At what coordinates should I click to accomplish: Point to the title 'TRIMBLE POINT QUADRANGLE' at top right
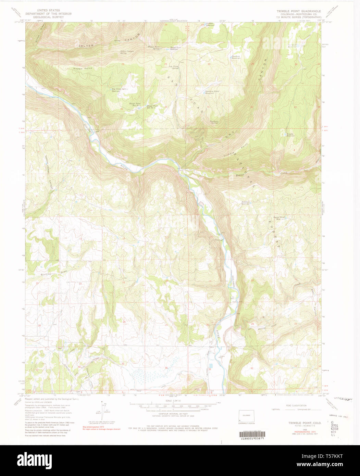click(299, 11)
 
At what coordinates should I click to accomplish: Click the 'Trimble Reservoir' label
click(290, 135)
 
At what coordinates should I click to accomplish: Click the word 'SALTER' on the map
click(86, 45)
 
